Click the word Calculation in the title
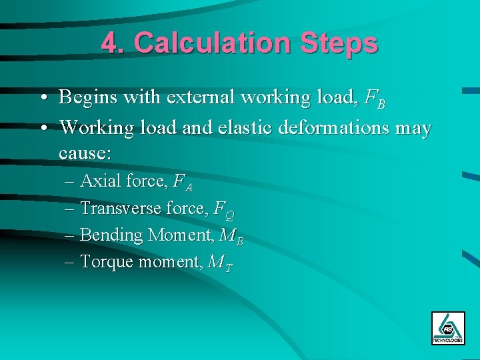(211, 44)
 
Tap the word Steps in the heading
(339, 44)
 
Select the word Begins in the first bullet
(86, 98)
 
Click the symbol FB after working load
(375, 99)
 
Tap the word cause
(85, 153)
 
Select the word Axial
(98, 181)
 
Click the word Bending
(111, 235)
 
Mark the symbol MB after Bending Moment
(235, 237)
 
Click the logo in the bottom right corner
(448, 327)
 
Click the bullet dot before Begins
(43, 99)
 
